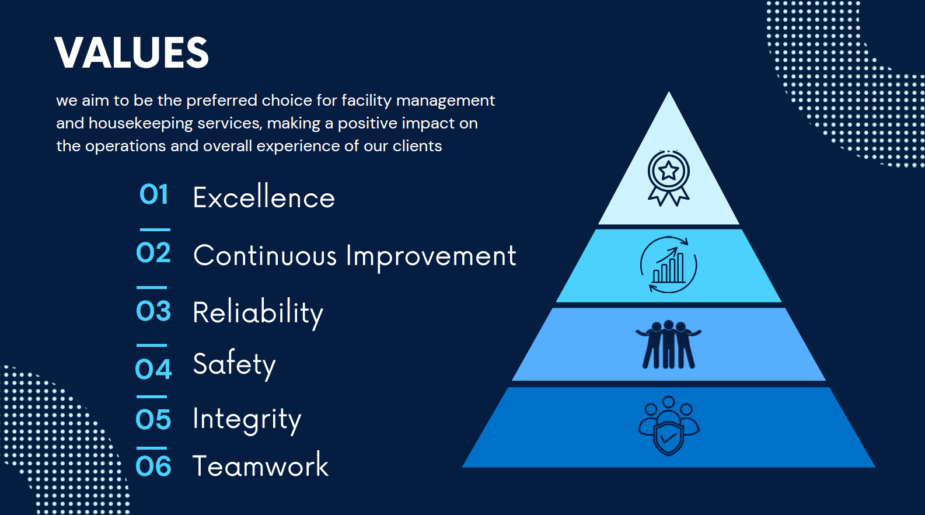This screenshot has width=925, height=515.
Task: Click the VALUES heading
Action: click(131, 53)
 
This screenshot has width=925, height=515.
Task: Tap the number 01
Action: click(154, 194)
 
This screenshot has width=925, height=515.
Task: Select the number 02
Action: click(153, 253)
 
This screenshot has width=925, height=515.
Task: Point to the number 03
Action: click(153, 311)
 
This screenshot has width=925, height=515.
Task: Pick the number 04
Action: click(153, 369)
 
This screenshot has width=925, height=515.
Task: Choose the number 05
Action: click(153, 419)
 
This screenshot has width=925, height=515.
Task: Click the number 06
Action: click(153, 466)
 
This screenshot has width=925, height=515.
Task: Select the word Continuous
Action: click(265, 255)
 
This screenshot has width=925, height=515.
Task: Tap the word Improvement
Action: click(431, 257)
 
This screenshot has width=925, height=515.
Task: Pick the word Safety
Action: click(234, 364)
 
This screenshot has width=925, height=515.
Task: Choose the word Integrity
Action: click(247, 420)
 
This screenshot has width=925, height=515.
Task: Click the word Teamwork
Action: click(260, 465)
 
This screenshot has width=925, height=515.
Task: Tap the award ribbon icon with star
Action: click(669, 178)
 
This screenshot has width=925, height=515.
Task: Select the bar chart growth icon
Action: click(669, 265)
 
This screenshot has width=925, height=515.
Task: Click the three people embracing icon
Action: click(669, 345)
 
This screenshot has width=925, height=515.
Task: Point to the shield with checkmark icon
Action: click(669, 426)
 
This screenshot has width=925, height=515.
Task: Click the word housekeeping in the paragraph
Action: click(141, 123)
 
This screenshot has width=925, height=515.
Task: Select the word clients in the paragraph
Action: click(417, 146)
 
